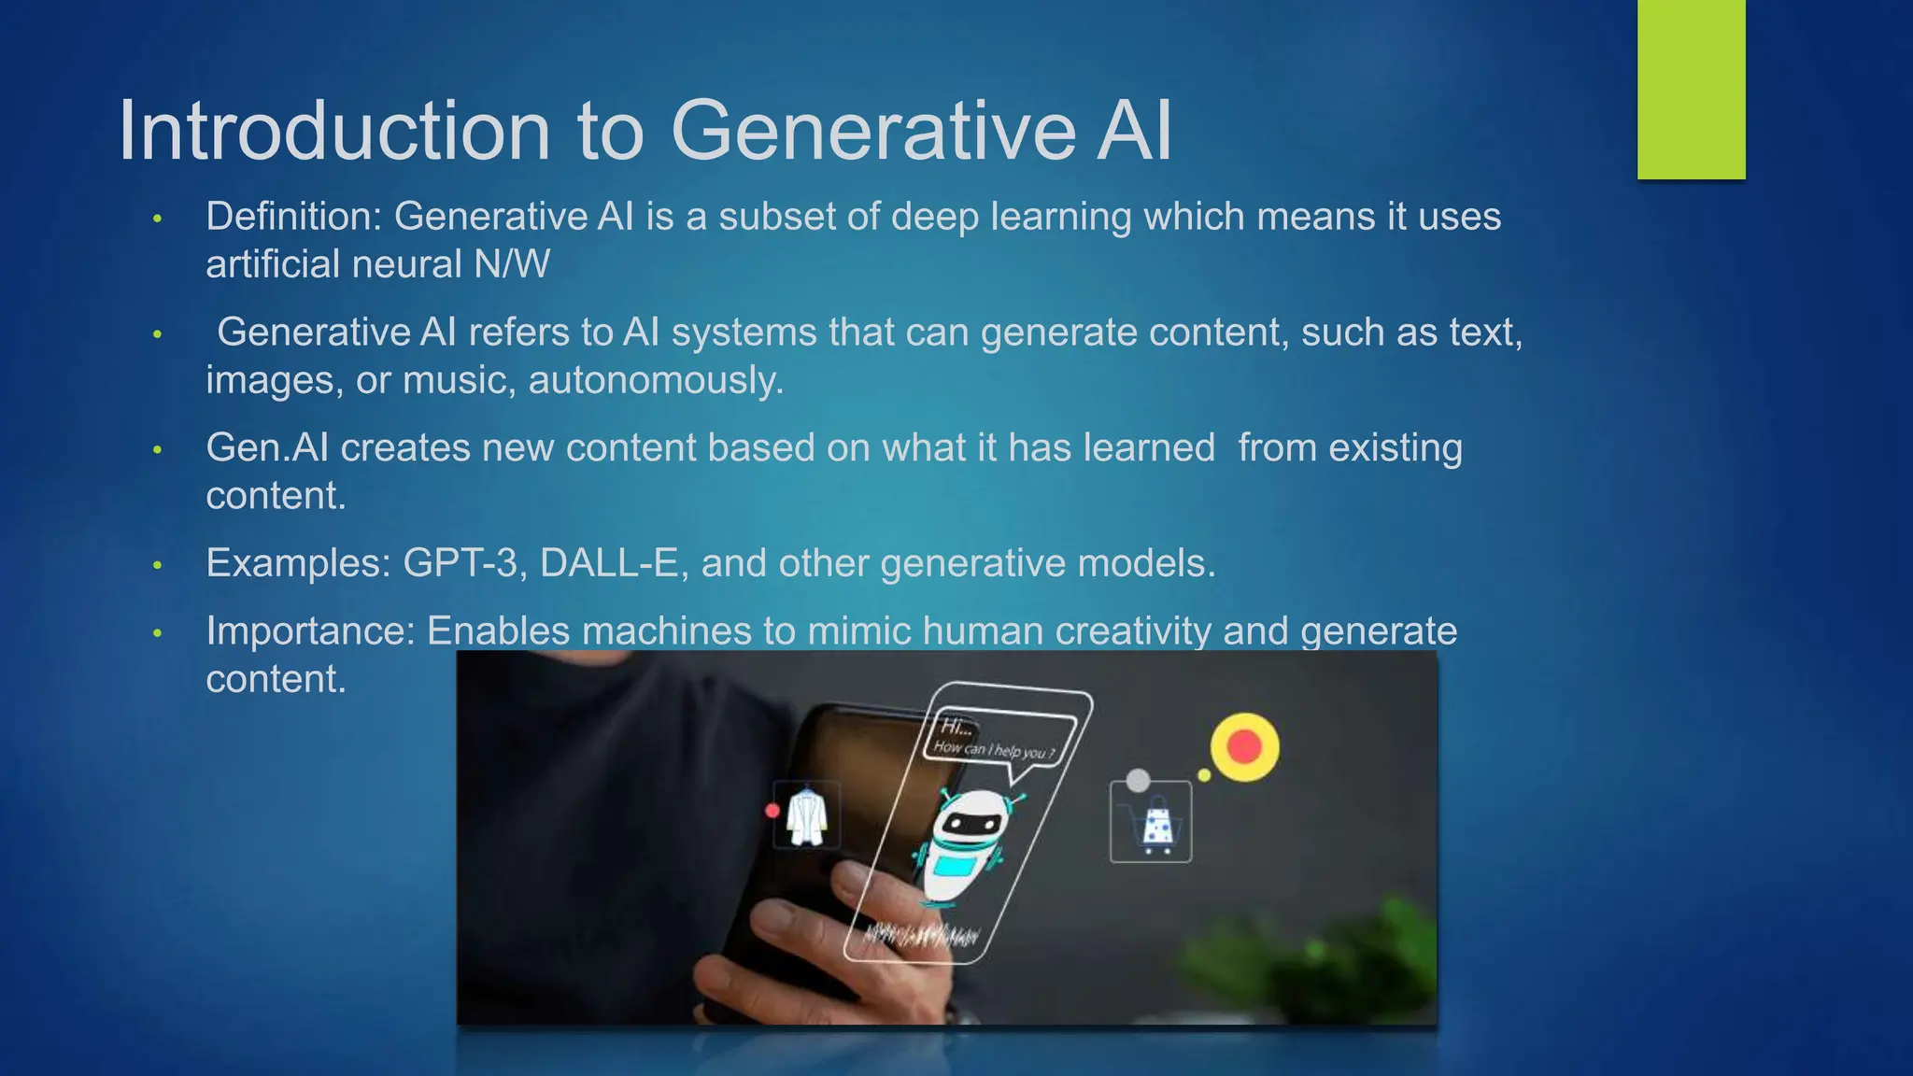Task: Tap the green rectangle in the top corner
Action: [x=1691, y=89]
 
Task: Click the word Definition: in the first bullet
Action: [x=293, y=217]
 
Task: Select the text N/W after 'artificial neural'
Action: [x=512, y=264]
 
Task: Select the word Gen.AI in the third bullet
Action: [x=267, y=448]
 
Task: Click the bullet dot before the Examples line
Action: [x=158, y=565]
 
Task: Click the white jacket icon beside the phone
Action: [x=806, y=816]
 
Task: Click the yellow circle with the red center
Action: [x=1244, y=747]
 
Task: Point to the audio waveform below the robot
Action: [x=920, y=934]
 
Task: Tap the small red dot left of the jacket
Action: [x=772, y=811]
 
